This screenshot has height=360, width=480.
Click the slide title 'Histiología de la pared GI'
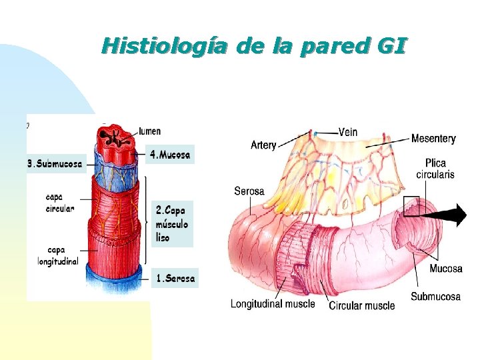point(253,47)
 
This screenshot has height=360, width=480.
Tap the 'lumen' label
point(150,131)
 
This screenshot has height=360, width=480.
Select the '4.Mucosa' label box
point(171,155)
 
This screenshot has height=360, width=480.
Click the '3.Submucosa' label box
point(56,163)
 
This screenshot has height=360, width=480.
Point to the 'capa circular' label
point(60,202)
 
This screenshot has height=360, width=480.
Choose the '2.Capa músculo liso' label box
point(172,223)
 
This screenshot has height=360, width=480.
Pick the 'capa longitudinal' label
point(58,255)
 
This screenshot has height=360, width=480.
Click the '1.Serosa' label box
point(175,279)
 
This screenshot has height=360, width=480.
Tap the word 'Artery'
point(263,145)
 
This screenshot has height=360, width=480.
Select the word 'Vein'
point(348,132)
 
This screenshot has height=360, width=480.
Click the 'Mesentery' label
point(433,139)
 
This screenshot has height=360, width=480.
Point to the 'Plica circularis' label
point(435,169)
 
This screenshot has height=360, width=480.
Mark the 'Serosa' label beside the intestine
point(249,191)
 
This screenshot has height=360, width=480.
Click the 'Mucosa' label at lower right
point(445,269)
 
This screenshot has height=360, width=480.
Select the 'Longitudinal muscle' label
point(273,304)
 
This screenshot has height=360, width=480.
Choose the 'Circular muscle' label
point(362,305)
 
